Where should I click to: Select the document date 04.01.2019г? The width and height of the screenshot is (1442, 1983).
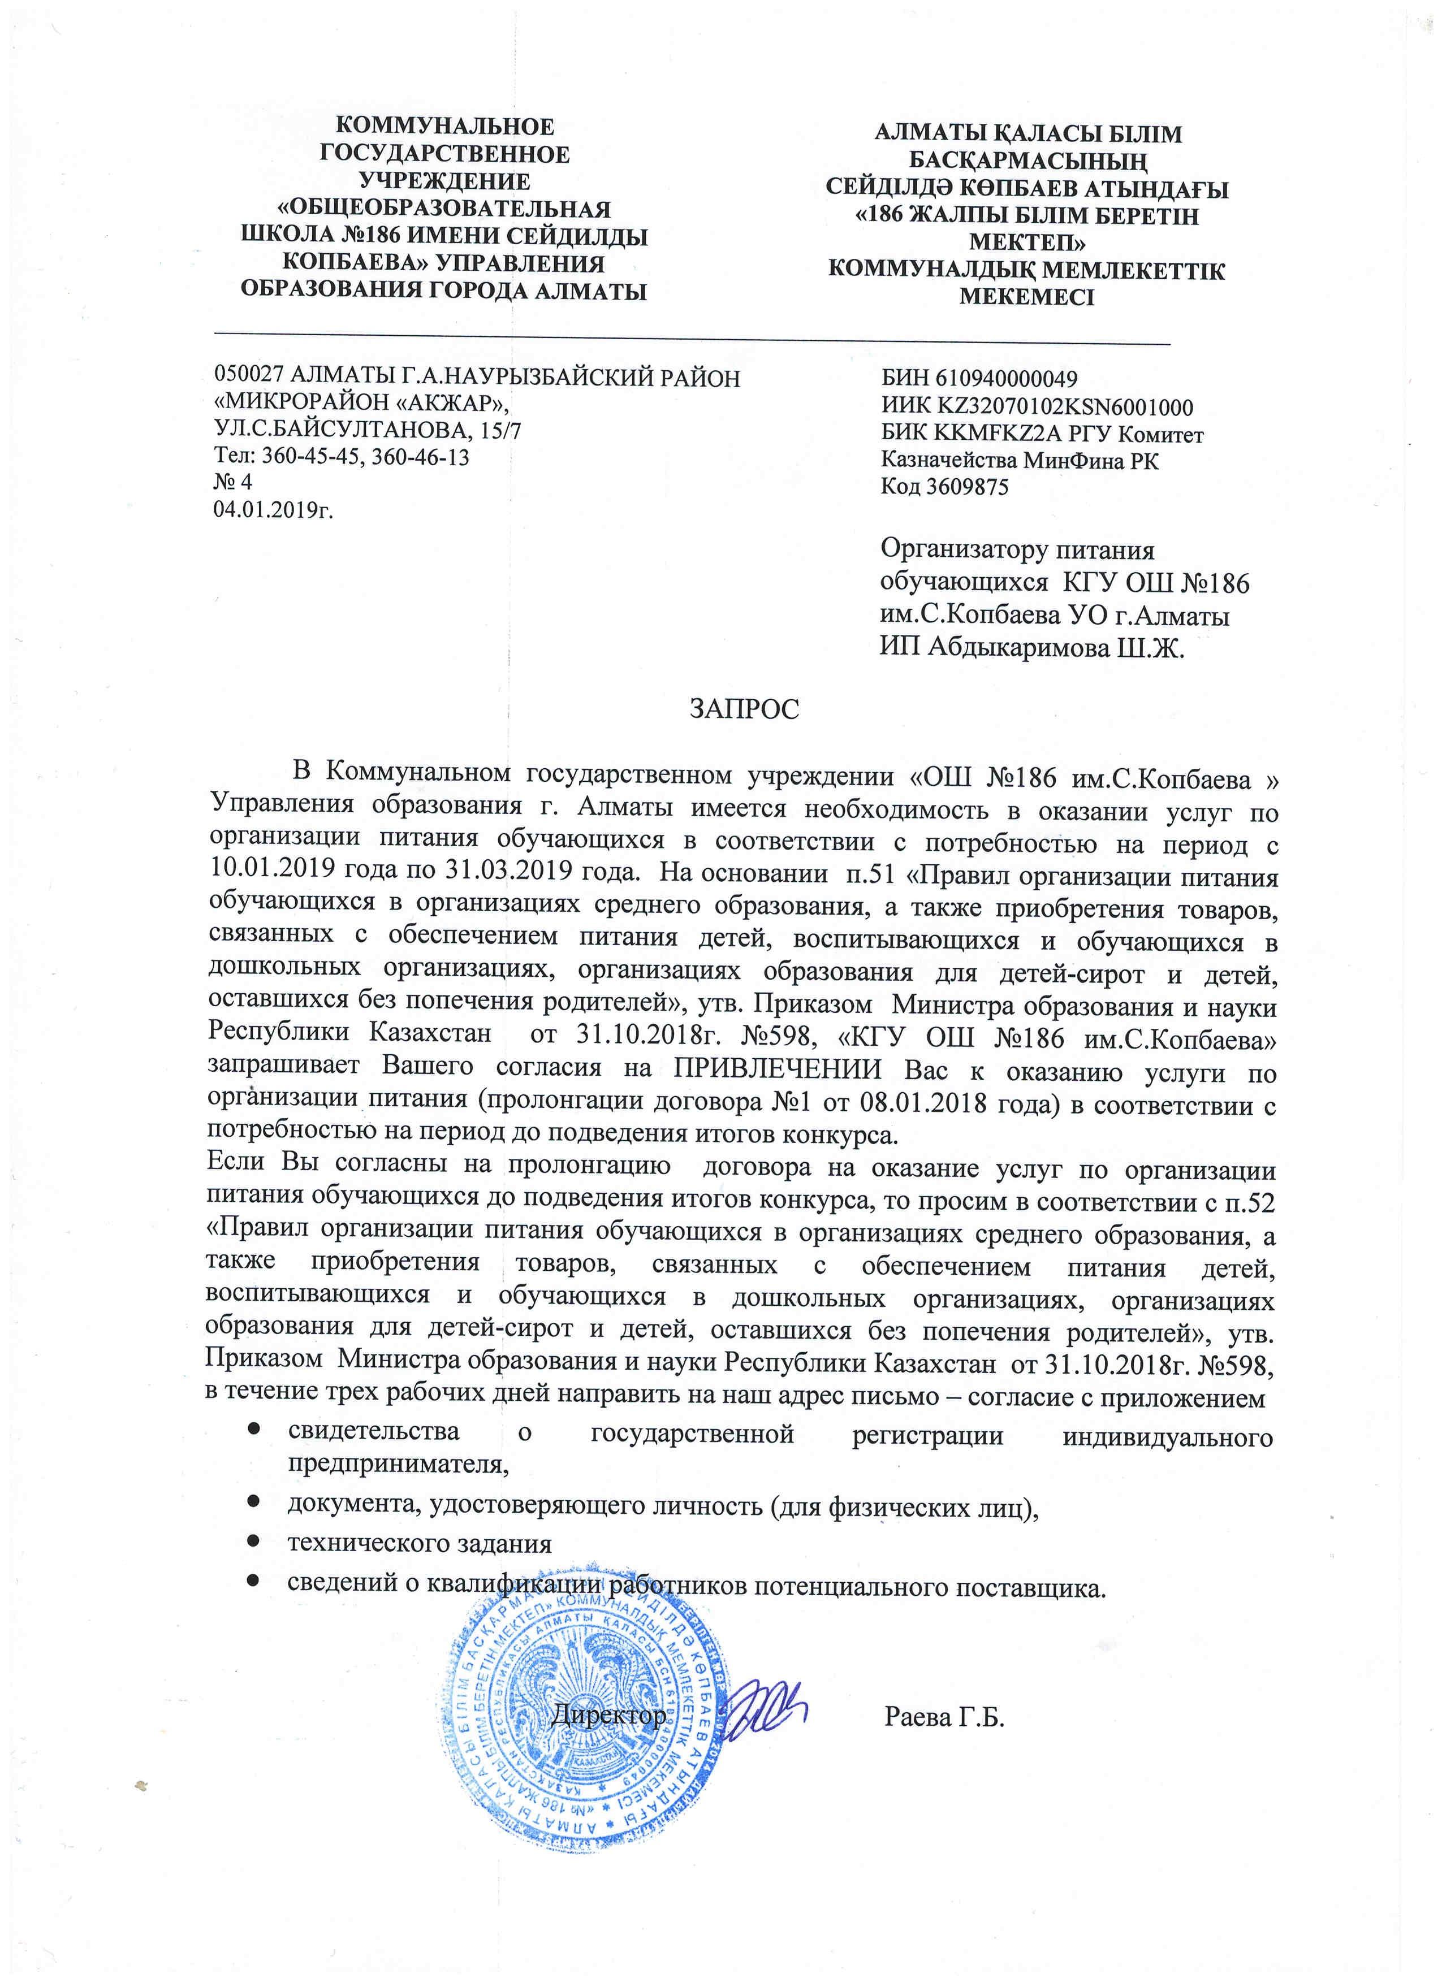coord(274,509)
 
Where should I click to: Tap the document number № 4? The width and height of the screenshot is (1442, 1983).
coord(232,482)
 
